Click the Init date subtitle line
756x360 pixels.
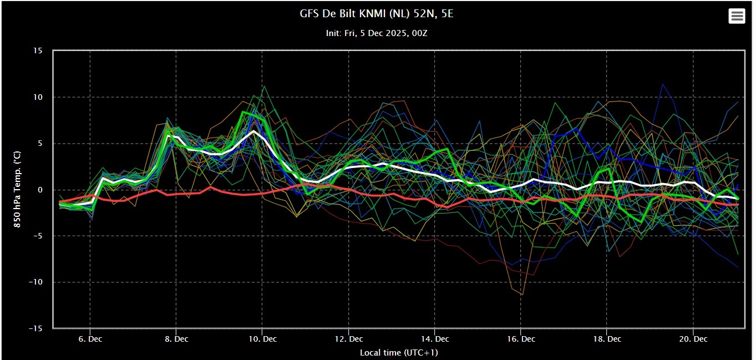[x=376, y=33]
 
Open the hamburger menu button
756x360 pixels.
[x=737, y=16]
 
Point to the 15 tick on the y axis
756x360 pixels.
[x=38, y=50]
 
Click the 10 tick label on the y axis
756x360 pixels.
[x=38, y=97]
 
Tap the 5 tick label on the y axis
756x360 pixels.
[x=40, y=144]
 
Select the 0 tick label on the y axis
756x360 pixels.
[x=40, y=190]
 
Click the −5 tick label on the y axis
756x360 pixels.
[x=37, y=236]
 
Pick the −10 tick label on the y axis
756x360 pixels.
[x=35, y=282]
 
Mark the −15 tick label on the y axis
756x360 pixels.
[x=35, y=328]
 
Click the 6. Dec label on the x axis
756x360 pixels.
[x=90, y=339]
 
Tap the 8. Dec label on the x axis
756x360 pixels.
[x=176, y=339]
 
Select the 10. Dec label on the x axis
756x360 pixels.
[x=262, y=339]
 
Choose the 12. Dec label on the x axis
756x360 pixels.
[x=349, y=339]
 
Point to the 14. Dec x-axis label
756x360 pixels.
[x=435, y=339]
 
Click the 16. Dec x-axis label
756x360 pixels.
[x=521, y=339]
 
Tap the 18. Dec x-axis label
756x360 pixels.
[x=607, y=339]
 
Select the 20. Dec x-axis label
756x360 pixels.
[x=693, y=339]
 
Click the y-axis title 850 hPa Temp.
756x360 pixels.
[x=17, y=189]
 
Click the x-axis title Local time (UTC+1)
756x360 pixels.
[x=399, y=353]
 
